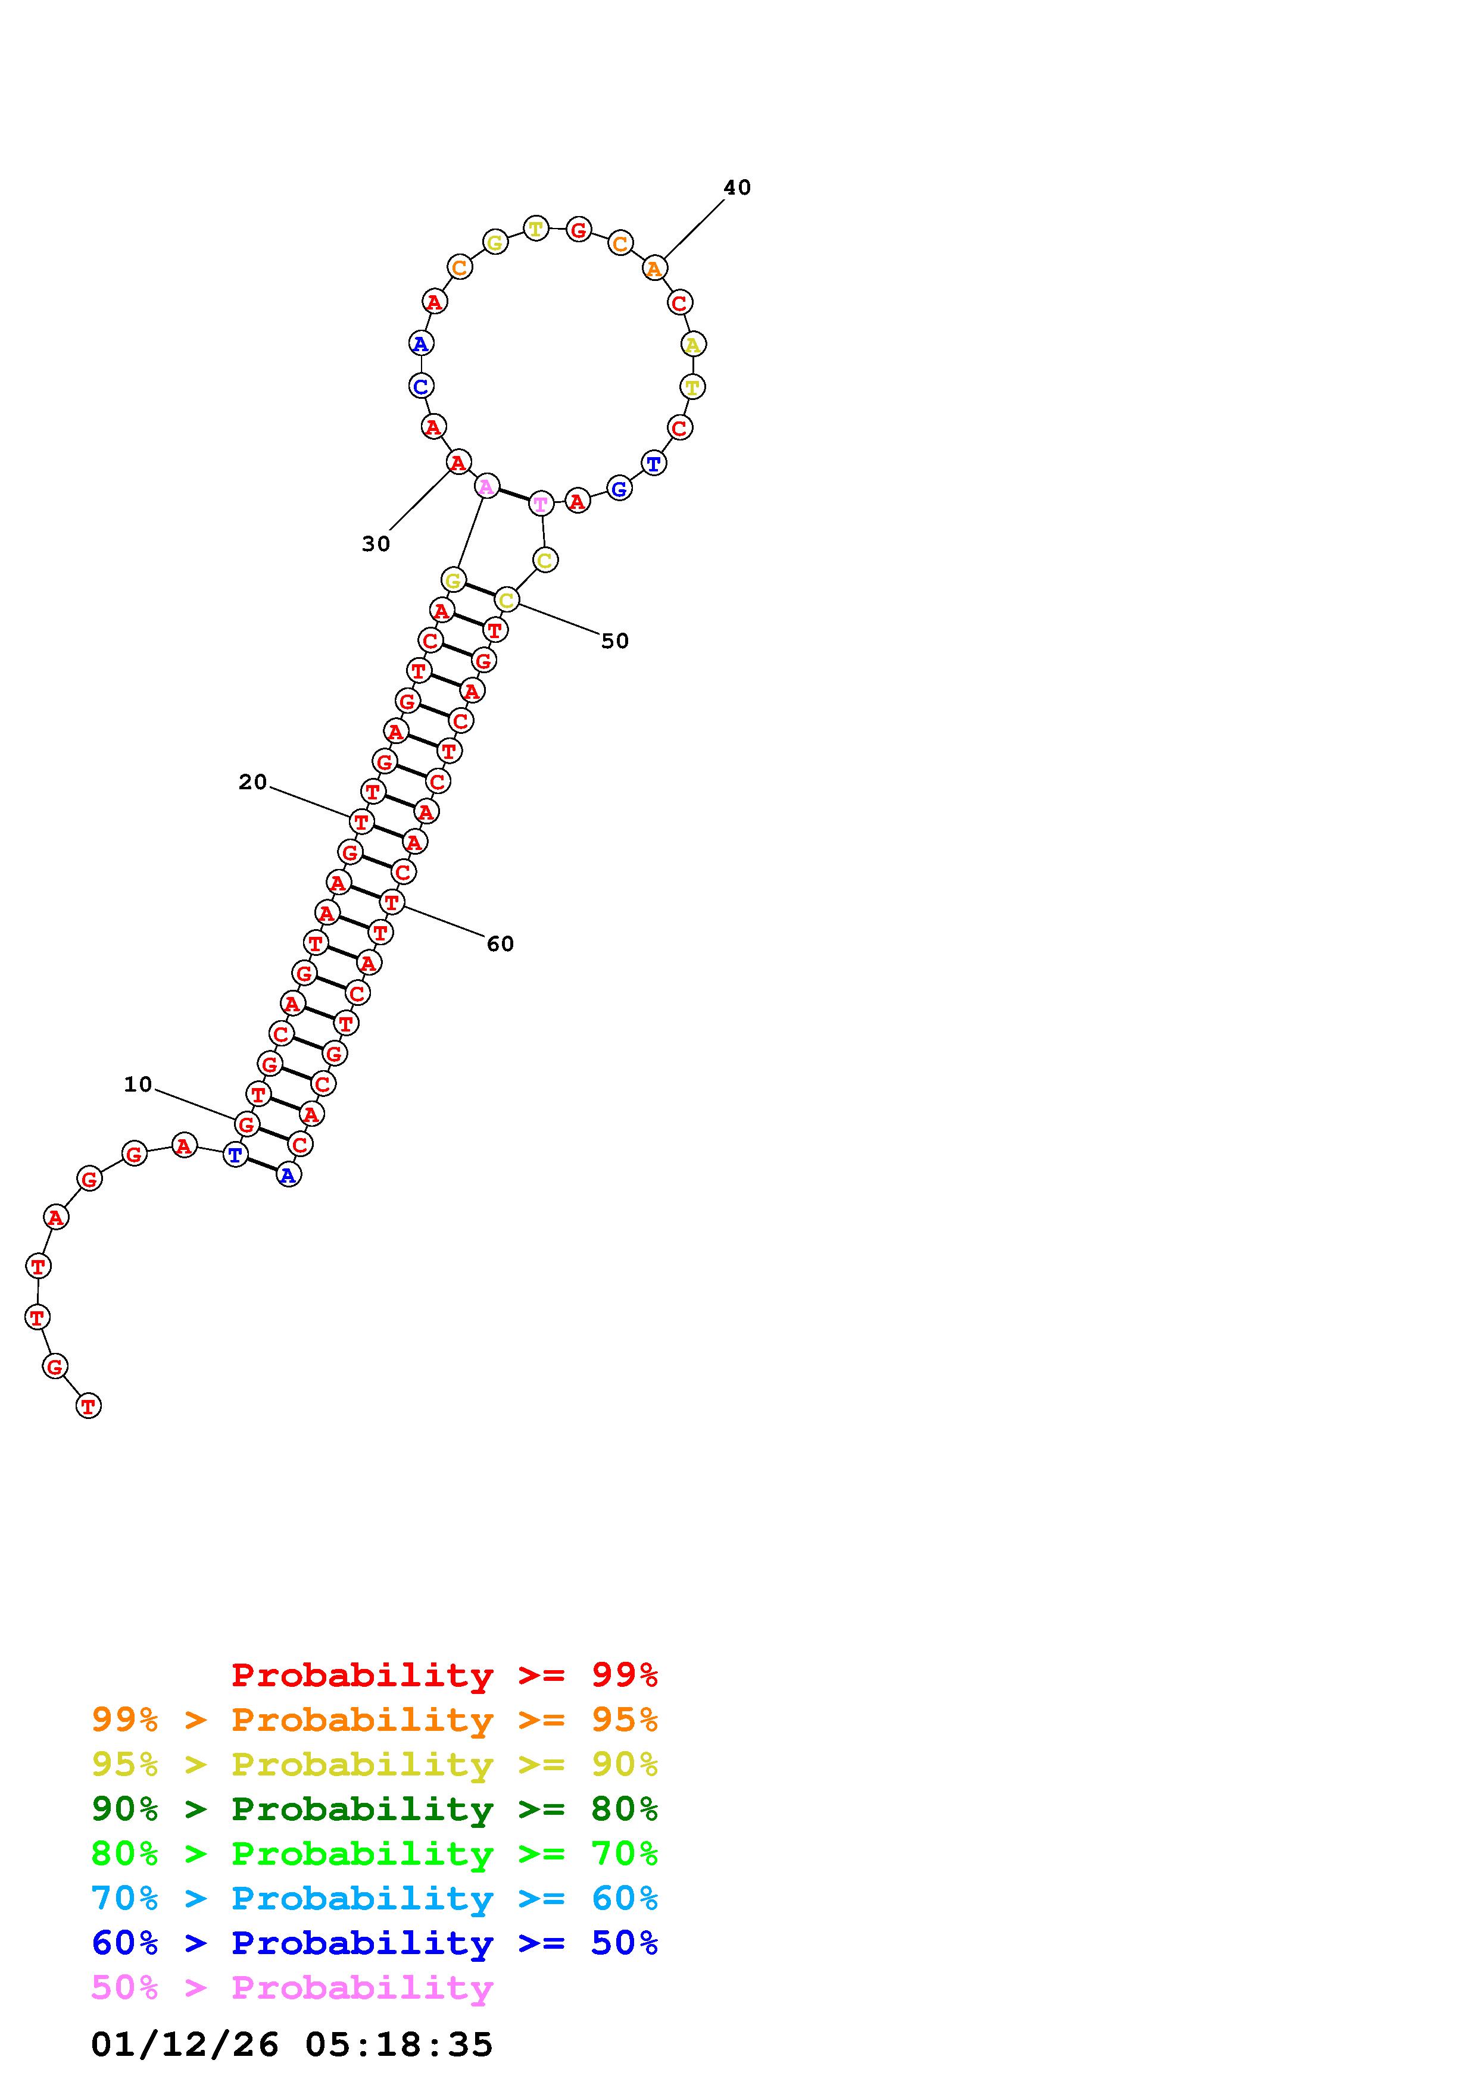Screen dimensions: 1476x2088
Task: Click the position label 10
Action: pyautogui.click(x=138, y=1084)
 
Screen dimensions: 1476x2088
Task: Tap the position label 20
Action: pyautogui.click(x=253, y=782)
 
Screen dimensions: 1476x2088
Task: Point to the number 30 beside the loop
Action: pyautogui.click(x=376, y=544)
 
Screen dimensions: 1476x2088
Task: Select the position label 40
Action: pyautogui.click(x=737, y=187)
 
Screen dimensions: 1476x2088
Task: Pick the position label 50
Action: pyautogui.click(x=615, y=641)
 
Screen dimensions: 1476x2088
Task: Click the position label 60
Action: pyautogui.click(x=500, y=944)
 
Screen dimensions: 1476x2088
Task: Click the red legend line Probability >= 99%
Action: pyautogui.click(x=445, y=1675)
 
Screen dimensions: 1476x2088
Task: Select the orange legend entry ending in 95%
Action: pyautogui.click(x=375, y=1720)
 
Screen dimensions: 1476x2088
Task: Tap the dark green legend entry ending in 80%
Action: pyautogui.click(x=375, y=1809)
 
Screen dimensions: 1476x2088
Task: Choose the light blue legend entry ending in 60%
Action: pyautogui.click(x=375, y=1898)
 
